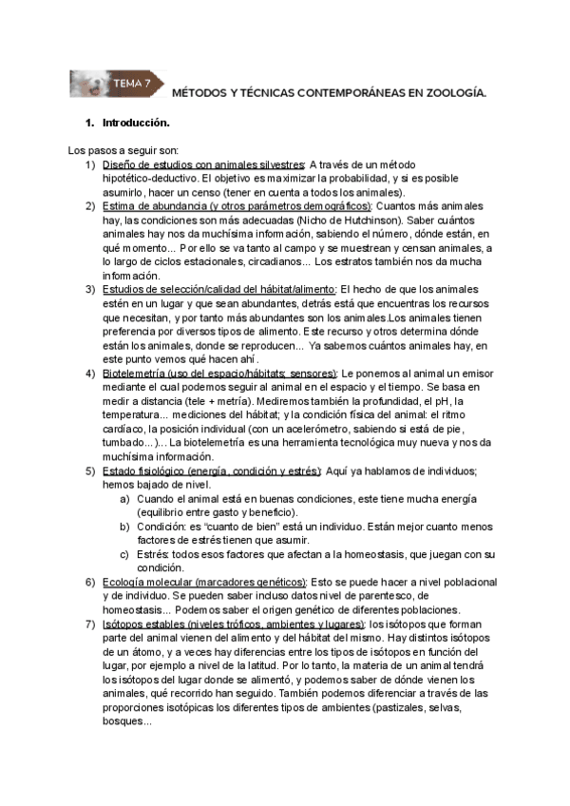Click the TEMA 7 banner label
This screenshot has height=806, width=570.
click(132, 84)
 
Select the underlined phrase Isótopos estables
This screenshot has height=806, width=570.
click(144, 624)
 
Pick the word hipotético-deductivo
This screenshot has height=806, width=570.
click(147, 177)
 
